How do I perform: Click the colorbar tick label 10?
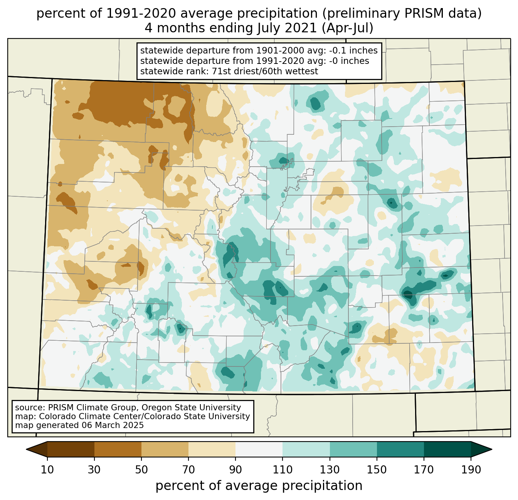[x=47, y=470]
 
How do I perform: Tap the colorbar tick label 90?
[x=235, y=470]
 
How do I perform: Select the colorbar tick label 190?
[x=471, y=470]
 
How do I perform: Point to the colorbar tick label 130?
[x=330, y=470]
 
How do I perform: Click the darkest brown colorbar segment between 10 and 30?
[x=71, y=449]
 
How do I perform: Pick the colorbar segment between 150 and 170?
[x=400, y=449]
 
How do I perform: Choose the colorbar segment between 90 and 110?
[x=259, y=449]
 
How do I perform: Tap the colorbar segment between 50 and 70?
[x=165, y=449]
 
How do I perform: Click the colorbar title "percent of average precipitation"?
[x=259, y=486]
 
